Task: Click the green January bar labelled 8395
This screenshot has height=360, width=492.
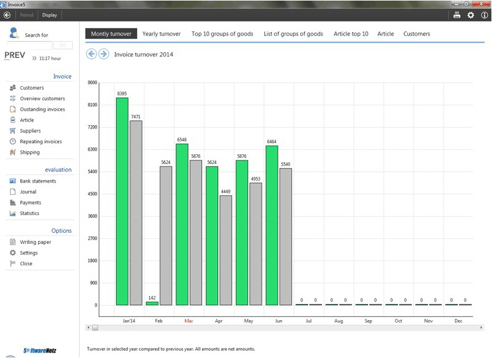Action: pyautogui.click(x=122, y=202)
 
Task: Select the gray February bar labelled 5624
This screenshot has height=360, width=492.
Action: pyautogui.click(x=166, y=236)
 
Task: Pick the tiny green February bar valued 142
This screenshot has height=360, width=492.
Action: pyautogui.click(x=152, y=303)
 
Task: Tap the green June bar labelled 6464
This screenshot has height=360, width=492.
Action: pyautogui.click(x=272, y=225)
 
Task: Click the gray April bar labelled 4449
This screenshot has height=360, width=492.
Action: pyautogui.click(x=226, y=250)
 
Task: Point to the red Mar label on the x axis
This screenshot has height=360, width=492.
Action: pyautogui.click(x=189, y=321)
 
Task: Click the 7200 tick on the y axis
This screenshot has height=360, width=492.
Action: pyautogui.click(x=93, y=127)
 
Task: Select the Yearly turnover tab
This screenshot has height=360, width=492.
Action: pyautogui.click(x=162, y=34)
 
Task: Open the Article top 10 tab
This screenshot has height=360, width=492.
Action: pyautogui.click(x=351, y=34)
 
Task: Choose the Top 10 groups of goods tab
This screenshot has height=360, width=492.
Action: pyautogui.click(x=222, y=34)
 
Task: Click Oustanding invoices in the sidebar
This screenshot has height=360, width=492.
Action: pyautogui.click(x=42, y=109)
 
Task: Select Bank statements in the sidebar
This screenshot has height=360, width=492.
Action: pyautogui.click(x=37, y=181)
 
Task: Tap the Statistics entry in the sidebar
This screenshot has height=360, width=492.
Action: pyautogui.click(x=29, y=213)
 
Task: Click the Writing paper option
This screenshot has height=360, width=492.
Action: pyautogui.click(x=35, y=242)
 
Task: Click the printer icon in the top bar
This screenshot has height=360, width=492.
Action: pyautogui.click(x=457, y=15)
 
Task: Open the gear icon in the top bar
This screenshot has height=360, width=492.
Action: pyautogui.click(x=471, y=15)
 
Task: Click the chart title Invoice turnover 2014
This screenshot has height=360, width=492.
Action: pyautogui.click(x=144, y=55)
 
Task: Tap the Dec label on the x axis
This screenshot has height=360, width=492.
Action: pyautogui.click(x=458, y=321)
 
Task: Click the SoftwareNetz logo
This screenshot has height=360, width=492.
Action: pyautogui.click(x=41, y=351)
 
